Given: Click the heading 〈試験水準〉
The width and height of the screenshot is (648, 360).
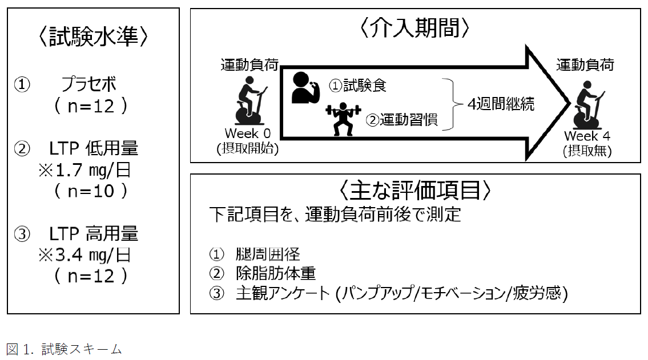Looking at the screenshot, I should pyautogui.click(x=94, y=37).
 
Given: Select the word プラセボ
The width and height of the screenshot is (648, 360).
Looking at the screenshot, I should pyautogui.click(x=88, y=85).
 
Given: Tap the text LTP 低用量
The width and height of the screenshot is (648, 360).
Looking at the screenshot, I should pyautogui.click(x=94, y=149).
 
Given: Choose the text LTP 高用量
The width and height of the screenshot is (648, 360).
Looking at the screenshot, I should pyautogui.click(x=94, y=234).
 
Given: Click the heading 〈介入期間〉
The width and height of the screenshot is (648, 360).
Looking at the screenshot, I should pyautogui.click(x=415, y=28).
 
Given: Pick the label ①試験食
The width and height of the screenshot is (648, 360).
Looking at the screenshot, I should pyautogui.click(x=358, y=86).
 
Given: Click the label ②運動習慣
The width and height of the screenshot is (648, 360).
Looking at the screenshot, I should pyautogui.click(x=401, y=120).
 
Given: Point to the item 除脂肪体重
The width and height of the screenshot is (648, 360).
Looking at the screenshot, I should pyautogui.click(x=275, y=274).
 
